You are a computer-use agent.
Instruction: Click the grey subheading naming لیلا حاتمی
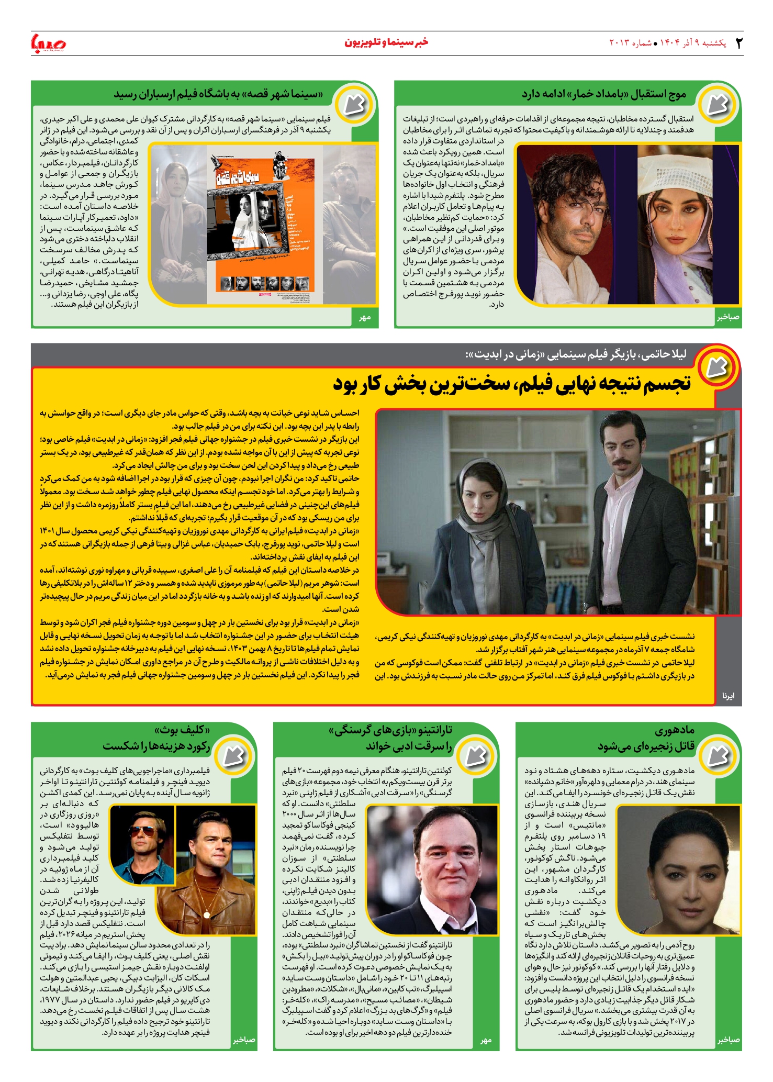[x=576, y=354]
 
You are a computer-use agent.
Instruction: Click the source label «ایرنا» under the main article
[x=728, y=696]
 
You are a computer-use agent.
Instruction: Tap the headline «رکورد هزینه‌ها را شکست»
[x=156, y=746]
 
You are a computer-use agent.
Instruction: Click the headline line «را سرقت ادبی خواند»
[x=409, y=746]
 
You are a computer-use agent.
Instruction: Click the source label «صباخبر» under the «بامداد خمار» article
[x=728, y=317]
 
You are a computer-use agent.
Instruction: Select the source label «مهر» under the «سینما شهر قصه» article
[x=365, y=317]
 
